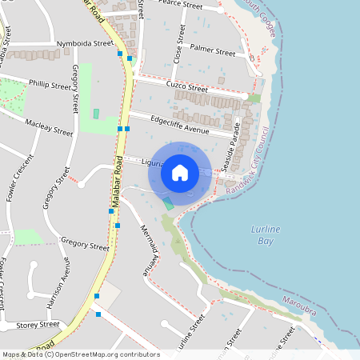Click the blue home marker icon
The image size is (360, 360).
pos(180,172)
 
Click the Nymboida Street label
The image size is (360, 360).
pos(85,43)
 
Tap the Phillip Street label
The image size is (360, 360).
pos(50,82)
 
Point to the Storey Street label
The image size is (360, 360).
pos(38,324)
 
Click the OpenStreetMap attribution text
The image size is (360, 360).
pos(81,354)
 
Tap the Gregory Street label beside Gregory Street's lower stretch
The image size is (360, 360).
pos(84,243)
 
